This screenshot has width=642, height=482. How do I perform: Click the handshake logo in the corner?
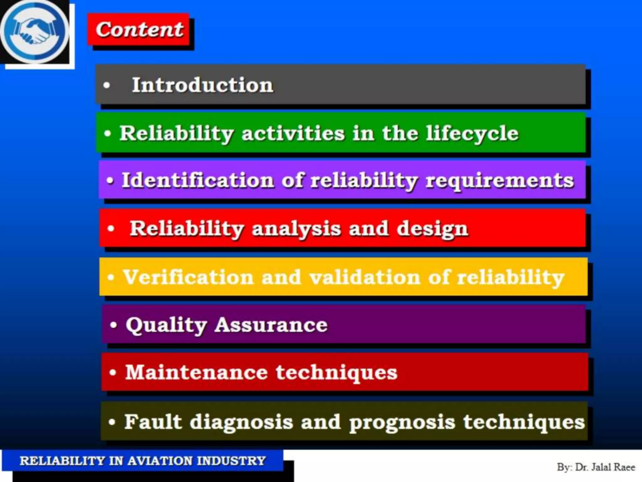pyautogui.click(x=34, y=31)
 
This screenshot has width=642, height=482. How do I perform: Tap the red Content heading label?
pyautogui.click(x=139, y=30)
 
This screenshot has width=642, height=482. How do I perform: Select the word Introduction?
pyautogui.click(x=203, y=85)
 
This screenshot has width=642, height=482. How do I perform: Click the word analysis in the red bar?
pyautogui.click(x=296, y=228)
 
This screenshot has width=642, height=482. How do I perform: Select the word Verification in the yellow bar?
pyautogui.click(x=188, y=277)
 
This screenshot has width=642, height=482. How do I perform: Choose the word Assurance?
pyautogui.click(x=271, y=325)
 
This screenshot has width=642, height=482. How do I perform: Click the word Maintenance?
pyautogui.click(x=196, y=372)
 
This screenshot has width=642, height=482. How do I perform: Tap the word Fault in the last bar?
pyautogui.click(x=153, y=421)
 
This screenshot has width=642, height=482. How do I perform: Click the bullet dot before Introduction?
pyautogui.click(x=107, y=85)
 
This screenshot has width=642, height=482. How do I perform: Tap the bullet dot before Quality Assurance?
pyautogui.click(x=113, y=325)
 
